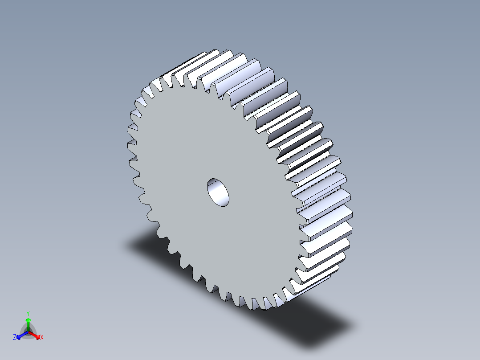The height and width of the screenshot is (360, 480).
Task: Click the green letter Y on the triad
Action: point(28,313)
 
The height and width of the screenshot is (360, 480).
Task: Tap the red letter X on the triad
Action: point(42,338)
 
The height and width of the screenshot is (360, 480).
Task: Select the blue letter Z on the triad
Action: point(15,338)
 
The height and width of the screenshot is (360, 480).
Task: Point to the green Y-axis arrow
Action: point(28,323)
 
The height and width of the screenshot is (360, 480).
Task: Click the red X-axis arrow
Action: point(36,335)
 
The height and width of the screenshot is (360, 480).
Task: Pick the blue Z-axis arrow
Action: point(20,335)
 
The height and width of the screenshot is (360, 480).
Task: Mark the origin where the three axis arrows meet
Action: point(28,331)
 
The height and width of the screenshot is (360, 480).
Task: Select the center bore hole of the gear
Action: point(218,192)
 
